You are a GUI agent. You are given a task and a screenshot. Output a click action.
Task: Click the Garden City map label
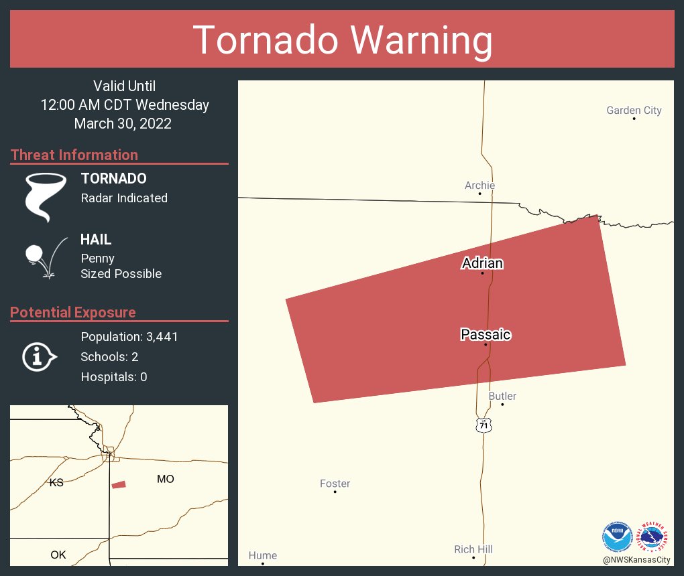click(x=634, y=111)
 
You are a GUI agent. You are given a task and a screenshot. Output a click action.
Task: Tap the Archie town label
click(x=479, y=186)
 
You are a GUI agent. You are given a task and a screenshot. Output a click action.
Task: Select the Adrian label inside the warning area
click(x=482, y=263)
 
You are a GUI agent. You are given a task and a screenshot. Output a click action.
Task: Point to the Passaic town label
click(x=486, y=334)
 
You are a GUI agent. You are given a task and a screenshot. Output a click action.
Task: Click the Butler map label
click(x=502, y=396)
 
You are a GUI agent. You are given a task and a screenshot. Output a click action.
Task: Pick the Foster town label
click(x=335, y=484)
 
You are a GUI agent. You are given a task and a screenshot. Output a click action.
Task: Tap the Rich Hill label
click(x=473, y=549)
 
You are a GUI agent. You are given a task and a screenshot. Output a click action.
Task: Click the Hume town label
click(x=262, y=555)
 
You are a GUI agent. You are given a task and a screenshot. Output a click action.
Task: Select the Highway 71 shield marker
click(x=483, y=425)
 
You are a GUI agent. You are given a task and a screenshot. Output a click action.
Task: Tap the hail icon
click(x=44, y=257)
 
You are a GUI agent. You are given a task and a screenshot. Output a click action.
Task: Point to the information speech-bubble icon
click(x=39, y=356)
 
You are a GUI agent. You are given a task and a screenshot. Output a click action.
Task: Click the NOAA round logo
click(x=617, y=536)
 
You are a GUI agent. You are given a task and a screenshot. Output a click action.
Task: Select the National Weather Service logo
click(x=654, y=536)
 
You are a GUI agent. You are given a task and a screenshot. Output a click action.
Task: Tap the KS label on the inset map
click(x=56, y=482)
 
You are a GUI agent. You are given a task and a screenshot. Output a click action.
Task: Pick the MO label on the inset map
click(x=165, y=479)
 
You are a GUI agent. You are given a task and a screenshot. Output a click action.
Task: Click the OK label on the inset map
click(x=58, y=555)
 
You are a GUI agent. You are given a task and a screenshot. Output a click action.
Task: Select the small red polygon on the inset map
click(x=119, y=484)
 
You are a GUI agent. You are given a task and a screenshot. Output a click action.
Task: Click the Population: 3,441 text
click(x=129, y=337)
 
